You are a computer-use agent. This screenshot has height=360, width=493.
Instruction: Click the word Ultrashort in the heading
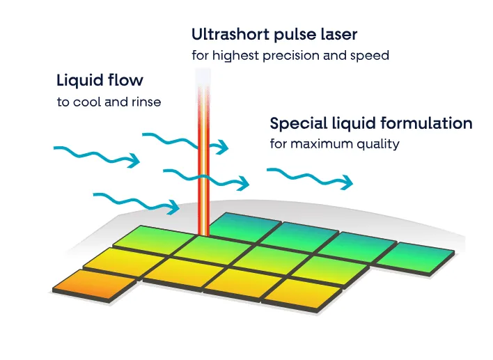click(230, 34)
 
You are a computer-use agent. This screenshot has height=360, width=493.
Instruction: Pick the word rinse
click(146, 102)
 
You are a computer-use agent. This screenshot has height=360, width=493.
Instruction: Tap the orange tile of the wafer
click(95, 285)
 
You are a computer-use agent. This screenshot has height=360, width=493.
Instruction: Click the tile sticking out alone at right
click(415, 258)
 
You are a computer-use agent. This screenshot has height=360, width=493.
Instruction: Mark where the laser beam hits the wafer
click(203, 235)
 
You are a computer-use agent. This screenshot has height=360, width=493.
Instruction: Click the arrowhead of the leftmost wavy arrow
click(134, 161)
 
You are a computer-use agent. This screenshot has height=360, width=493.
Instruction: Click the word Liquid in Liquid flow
click(81, 81)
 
